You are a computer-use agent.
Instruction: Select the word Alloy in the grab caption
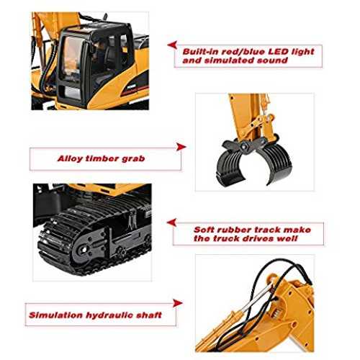coord(71,159)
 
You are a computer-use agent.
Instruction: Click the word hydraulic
coord(109,315)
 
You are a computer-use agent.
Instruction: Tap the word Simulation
coord(56,315)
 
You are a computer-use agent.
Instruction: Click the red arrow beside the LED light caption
coord(172,45)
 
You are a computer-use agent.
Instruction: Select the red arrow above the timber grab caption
coord(181,147)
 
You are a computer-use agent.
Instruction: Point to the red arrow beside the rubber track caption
coord(171,222)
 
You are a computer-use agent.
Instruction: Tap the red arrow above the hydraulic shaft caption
coord(177,303)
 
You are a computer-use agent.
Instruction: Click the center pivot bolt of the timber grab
coord(245,145)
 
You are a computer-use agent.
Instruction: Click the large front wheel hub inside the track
coord(83,249)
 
